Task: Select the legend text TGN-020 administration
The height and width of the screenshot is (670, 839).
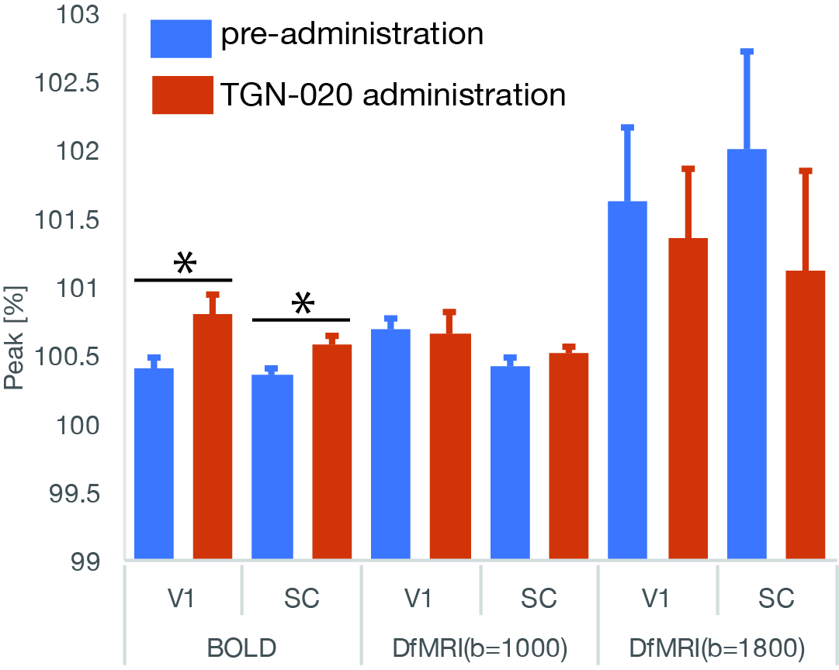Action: point(393,95)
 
